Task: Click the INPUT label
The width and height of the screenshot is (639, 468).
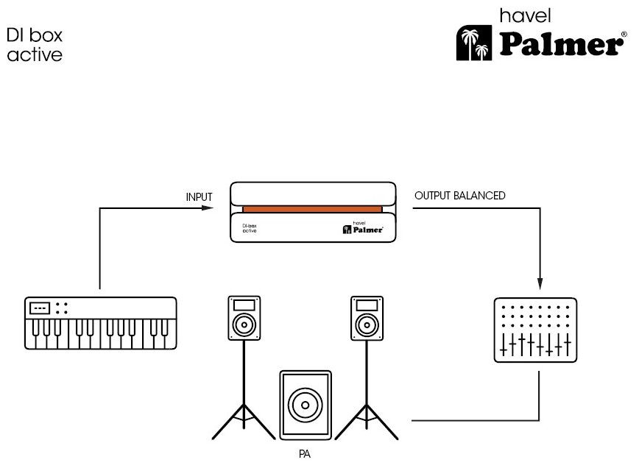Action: [199, 197]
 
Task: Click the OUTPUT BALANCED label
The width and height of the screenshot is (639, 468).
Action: [460, 196]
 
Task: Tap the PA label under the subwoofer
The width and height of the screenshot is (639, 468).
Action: [304, 454]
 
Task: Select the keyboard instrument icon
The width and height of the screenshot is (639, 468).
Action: [101, 323]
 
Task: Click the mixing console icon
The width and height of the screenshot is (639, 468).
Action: [535, 330]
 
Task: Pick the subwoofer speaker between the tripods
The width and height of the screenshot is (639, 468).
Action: [304, 405]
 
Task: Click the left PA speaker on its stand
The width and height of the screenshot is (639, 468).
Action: [244, 318]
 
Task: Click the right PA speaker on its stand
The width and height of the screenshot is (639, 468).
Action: [367, 318]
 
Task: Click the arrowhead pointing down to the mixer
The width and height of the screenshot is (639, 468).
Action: [540, 283]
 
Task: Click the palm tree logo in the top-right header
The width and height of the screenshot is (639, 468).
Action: [473, 43]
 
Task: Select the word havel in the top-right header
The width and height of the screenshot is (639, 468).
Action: [525, 15]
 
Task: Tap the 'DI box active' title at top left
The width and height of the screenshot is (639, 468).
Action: [35, 44]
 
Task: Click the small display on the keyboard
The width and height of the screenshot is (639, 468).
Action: [40, 308]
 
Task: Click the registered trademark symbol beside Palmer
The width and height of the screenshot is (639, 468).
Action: [624, 35]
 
